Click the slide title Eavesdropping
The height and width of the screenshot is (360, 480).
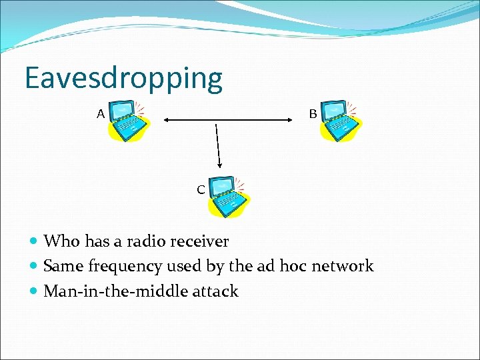point(123,79)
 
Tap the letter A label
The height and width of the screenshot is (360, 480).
point(101,114)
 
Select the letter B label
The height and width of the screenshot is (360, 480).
point(313,114)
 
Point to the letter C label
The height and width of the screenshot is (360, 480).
point(201,190)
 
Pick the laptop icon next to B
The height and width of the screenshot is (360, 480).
point(339,121)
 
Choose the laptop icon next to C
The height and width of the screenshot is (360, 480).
point(227,197)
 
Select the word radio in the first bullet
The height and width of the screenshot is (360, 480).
point(147,241)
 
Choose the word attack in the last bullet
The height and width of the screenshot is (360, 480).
point(215,291)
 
